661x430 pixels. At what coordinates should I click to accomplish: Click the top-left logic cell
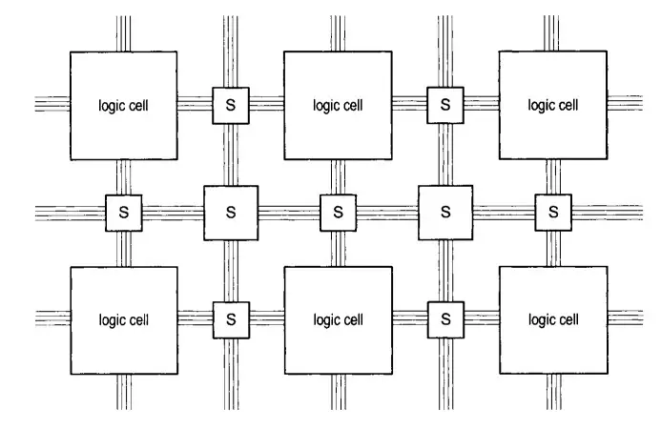click(123, 105)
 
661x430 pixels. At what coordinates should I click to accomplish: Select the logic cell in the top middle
click(338, 105)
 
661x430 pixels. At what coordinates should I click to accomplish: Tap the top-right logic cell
click(552, 105)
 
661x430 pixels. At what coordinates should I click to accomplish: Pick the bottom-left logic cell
click(123, 319)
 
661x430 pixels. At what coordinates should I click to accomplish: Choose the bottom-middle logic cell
click(338, 319)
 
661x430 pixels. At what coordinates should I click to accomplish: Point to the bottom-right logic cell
click(552, 319)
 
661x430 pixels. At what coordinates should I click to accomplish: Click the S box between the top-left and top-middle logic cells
click(230, 105)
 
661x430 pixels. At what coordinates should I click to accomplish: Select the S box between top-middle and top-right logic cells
click(444, 105)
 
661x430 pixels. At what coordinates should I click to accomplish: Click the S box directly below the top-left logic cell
click(123, 212)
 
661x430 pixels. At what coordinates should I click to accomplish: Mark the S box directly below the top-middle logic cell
click(338, 212)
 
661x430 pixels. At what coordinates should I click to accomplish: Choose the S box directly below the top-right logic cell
click(552, 212)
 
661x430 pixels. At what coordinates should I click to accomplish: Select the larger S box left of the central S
click(230, 212)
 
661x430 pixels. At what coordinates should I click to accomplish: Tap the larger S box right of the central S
click(444, 212)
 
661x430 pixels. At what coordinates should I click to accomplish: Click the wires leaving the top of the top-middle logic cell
click(338, 33)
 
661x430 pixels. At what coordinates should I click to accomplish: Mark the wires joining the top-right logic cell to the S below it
click(552, 176)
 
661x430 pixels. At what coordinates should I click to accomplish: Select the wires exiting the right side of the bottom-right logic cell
click(625, 319)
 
